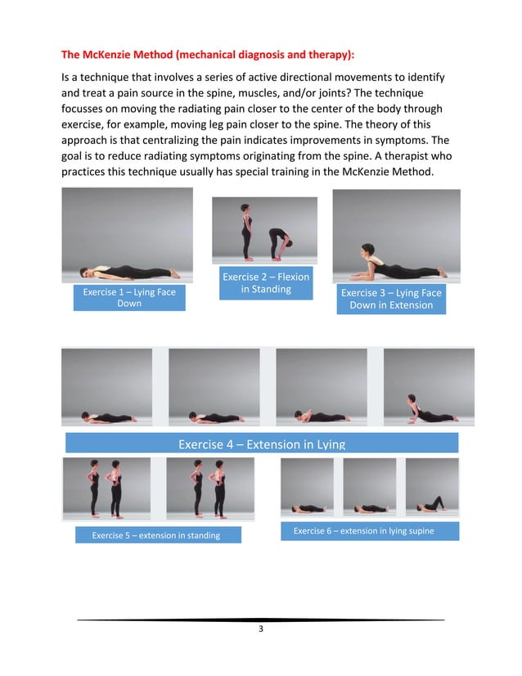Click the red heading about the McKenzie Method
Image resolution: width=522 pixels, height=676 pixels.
click(x=209, y=56)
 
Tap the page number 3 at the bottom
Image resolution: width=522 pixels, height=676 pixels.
click(x=260, y=629)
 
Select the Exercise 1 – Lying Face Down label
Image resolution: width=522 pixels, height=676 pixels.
click(x=129, y=298)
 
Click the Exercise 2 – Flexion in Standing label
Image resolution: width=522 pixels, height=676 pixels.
click(x=266, y=283)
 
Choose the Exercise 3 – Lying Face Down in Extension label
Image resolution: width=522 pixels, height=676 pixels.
click(x=391, y=299)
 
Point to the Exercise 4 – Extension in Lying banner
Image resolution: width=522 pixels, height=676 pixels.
click(x=261, y=444)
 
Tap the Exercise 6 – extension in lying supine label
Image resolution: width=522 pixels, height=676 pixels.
click(x=363, y=531)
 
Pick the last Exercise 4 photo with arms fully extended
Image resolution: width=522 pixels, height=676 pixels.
click(x=429, y=387)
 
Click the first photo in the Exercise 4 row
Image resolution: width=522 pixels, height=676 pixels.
click(x=107, y=387)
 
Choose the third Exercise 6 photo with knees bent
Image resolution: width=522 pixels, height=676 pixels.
click(x=432, y=487)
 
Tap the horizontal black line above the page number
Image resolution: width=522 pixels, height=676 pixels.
click(x=260, y=620)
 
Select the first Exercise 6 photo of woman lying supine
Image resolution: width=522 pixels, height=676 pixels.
click(x=307, y=487)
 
